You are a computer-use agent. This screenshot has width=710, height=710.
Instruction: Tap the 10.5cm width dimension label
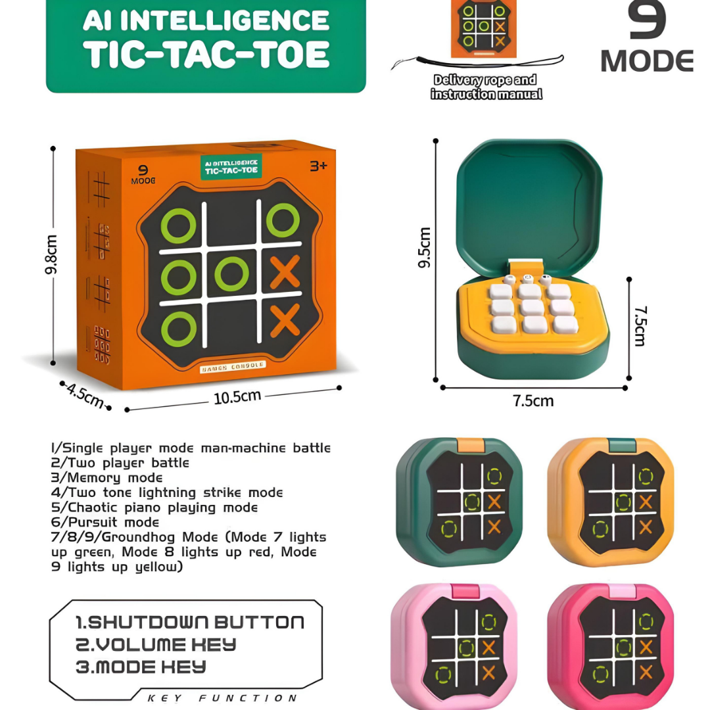[x=237, y=396]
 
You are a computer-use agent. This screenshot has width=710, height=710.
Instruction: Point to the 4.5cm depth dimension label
[x=85, y=394]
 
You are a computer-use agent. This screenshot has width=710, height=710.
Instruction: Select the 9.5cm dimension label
[x=425, y=247]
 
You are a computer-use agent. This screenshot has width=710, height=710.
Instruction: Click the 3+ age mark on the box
[x=318, y=166]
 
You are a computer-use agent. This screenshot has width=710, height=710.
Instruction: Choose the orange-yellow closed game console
[x=611, y=502]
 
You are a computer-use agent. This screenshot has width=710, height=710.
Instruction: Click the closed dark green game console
[x=459, y=502]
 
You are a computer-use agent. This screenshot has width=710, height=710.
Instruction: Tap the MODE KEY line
[x=141, y=667]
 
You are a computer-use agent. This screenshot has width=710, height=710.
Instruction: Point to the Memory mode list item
[x=106, y=478]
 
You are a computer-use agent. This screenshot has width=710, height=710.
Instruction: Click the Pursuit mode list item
[x=105, y=523]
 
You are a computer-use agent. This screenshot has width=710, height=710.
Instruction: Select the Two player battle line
[x=120, y=463]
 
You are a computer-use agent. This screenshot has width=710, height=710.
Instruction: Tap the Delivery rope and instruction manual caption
[x=486, y=87]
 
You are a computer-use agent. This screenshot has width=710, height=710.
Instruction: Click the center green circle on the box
[x=231, y=274]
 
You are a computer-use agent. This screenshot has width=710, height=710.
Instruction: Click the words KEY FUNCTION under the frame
[x=222, y=698]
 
